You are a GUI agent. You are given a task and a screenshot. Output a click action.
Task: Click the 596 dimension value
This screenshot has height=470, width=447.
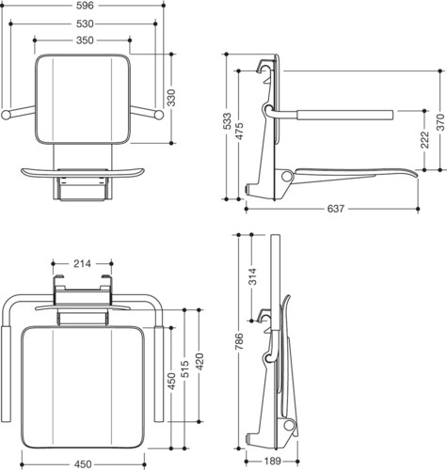coord(85,6)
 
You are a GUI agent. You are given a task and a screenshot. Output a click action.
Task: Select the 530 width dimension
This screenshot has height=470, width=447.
coord(85,23)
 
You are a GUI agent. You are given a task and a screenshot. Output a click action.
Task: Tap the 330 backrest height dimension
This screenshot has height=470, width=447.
coord(171,98)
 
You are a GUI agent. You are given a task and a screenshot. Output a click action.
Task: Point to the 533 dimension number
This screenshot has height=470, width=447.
coord(227,120)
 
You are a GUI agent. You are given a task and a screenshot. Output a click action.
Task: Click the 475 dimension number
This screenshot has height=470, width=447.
coord(239,131)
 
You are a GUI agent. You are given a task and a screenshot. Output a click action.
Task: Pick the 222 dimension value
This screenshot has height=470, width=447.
coord(424,140)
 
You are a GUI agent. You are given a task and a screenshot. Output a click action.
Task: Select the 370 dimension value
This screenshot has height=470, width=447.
coord(440,122)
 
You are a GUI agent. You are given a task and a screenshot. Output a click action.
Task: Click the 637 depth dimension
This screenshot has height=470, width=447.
coord(336,209)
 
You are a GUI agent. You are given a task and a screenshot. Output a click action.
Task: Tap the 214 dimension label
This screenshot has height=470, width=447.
coord(82,264)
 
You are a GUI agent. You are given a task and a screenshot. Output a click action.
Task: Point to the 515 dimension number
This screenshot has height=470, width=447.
coord(184,368)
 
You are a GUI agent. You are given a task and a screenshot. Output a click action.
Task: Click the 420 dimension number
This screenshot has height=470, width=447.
coord(199,361)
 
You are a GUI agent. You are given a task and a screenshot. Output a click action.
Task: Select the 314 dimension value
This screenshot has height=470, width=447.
coord(252,276)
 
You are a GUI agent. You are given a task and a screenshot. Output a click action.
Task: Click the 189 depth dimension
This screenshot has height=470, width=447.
coord(272,462)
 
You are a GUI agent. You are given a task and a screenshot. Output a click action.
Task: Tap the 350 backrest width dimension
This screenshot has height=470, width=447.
coord(85,40)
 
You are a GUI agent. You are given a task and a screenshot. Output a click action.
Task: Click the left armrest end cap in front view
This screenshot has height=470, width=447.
coord(6,115)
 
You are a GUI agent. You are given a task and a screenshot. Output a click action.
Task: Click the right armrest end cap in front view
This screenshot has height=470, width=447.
coord(159,115)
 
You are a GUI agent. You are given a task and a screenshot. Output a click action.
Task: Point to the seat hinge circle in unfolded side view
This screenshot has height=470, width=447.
coord(286,176)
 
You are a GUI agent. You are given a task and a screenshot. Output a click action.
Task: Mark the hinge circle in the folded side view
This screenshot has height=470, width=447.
coord(288,426)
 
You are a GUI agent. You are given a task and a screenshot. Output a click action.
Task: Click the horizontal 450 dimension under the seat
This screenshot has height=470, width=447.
coord(83,464)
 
